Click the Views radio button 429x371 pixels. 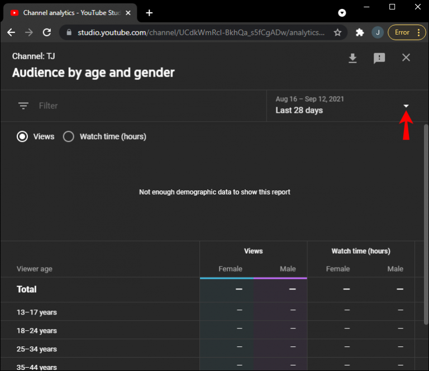point(22,136)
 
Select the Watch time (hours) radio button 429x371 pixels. point(69,136)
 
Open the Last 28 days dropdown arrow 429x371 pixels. point(406,106)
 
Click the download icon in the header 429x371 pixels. point(352,58)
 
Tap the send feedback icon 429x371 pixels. point(379,58)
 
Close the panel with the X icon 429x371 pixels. point(406,58)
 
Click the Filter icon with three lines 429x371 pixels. point(23,106)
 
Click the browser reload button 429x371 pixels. point(46,32)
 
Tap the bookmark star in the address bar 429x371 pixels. point(337,32)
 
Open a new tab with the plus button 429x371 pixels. point(149,13)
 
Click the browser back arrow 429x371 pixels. point(11,32)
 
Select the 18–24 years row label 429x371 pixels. point(37,331)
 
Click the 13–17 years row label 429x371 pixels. point(37,312)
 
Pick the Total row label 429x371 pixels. point(27,289)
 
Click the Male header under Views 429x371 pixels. point(288,269)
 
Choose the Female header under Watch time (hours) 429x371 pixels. point(338,269)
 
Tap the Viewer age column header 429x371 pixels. point(35,269)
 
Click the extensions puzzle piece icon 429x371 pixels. point(360,32)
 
